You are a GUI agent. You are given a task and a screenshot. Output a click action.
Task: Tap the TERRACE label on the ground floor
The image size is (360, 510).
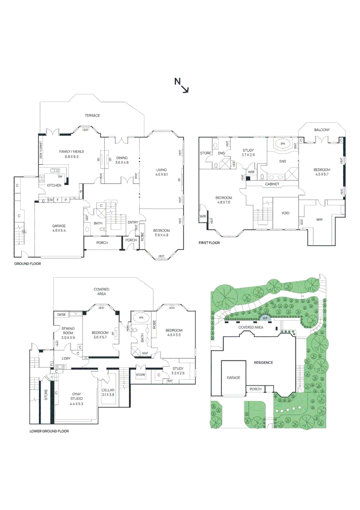point(92,115)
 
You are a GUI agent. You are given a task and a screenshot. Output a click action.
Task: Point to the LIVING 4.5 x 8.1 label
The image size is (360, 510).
point(161,172)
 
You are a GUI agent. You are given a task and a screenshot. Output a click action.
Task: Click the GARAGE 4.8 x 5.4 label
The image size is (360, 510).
point(59,229)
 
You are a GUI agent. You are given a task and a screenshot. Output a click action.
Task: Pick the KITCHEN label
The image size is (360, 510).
point(54,186)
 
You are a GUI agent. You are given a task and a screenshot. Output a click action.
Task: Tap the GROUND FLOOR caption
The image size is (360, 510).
point(27,264)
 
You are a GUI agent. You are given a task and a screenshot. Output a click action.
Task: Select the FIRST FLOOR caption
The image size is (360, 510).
point(209,243)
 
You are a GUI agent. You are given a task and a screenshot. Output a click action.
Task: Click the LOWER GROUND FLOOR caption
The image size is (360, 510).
point(49,431)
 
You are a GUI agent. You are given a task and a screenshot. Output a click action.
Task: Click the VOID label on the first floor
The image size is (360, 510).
point(285,213)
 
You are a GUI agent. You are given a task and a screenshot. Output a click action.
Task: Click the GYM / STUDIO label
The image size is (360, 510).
point(76,399)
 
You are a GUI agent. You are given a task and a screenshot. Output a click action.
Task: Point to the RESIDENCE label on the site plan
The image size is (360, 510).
point(263,363)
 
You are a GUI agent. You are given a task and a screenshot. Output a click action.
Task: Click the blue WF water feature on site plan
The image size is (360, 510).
point(265,318)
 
